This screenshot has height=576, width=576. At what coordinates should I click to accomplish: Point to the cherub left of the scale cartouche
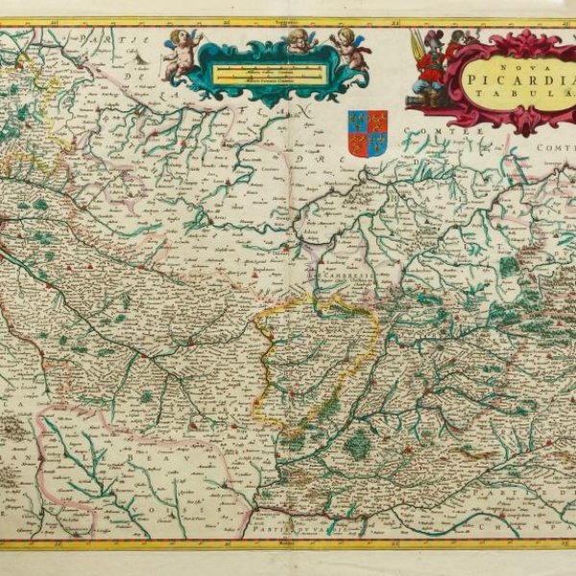[x=180, y=56]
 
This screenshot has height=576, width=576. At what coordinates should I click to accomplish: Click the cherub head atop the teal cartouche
[x=302, y=40]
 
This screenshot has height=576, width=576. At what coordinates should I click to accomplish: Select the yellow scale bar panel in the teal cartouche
[x=256, y=71]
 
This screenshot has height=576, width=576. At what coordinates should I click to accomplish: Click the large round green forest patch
[x=357, y=444]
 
